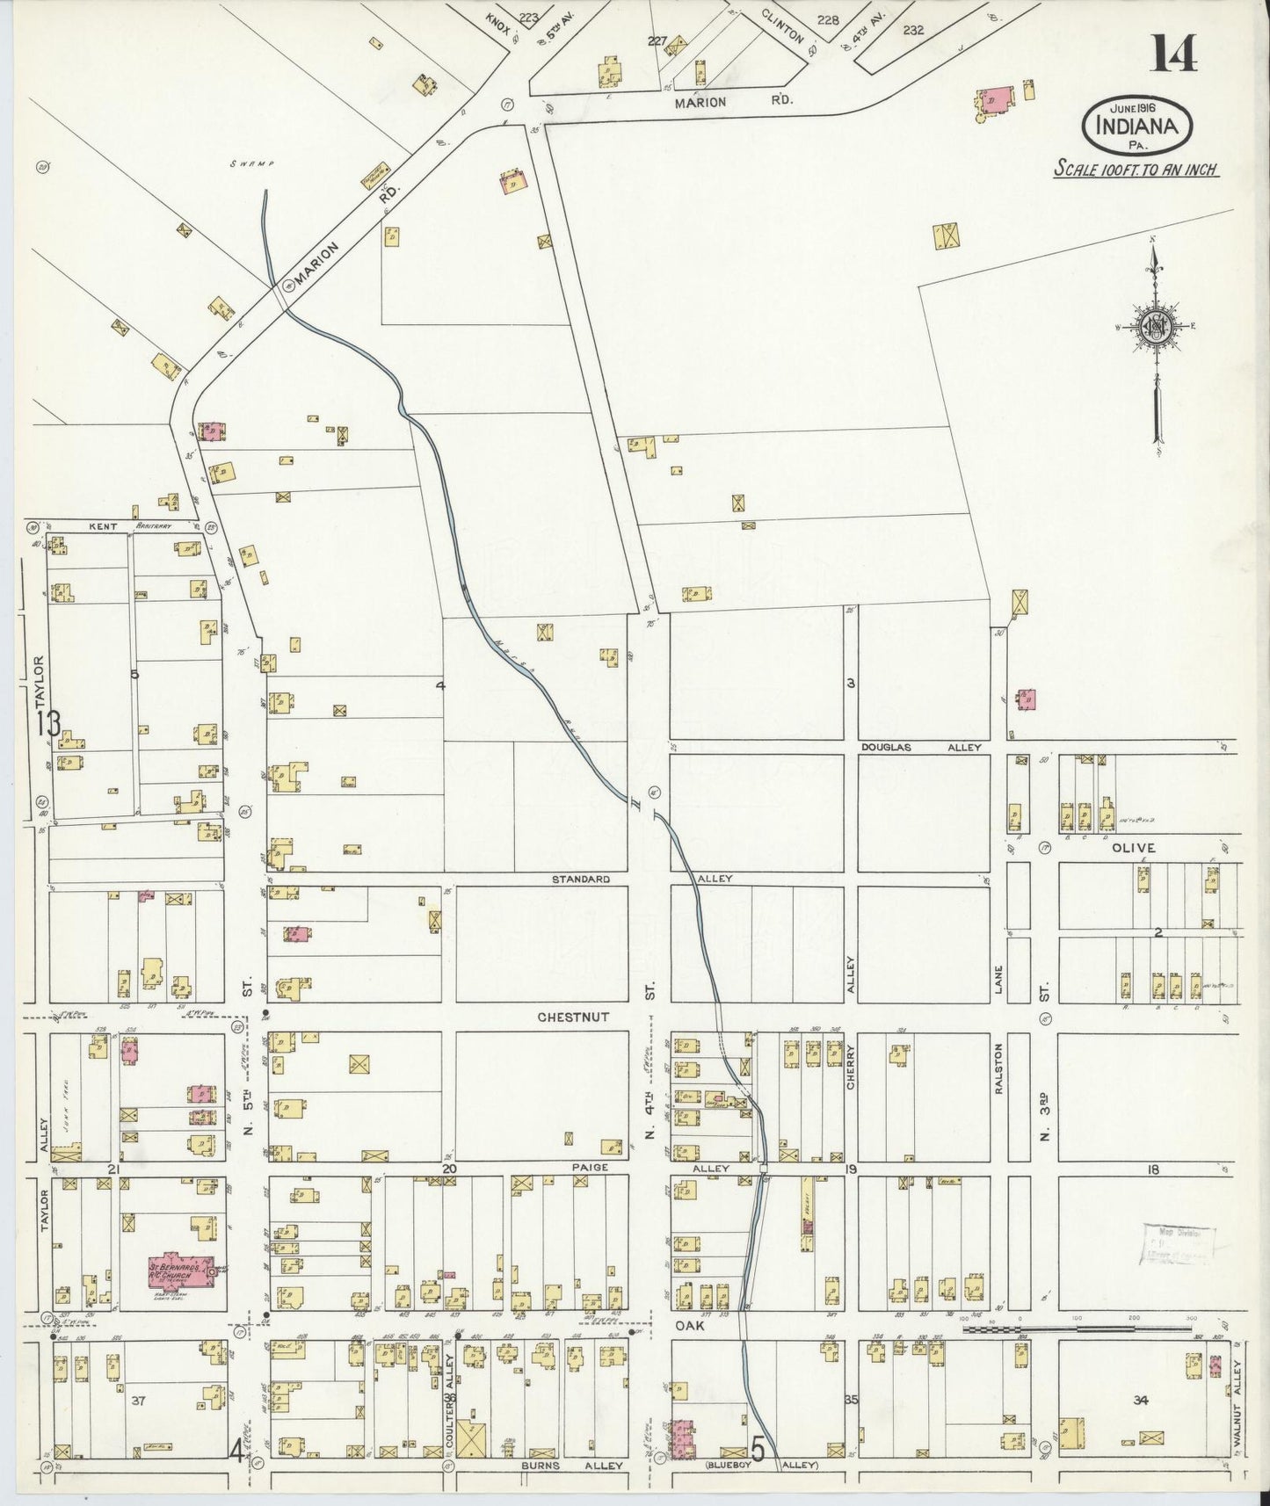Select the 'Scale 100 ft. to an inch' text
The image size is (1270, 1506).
click(1136, 169)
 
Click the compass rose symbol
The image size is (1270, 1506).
click(1153, 327)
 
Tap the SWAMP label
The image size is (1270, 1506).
click(260, 164)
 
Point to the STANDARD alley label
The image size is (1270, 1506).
click(581, 879)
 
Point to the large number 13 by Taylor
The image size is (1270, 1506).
click(48, 724)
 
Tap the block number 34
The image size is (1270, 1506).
click(1141, 1400)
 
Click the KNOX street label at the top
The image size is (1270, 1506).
click(499, 18)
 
